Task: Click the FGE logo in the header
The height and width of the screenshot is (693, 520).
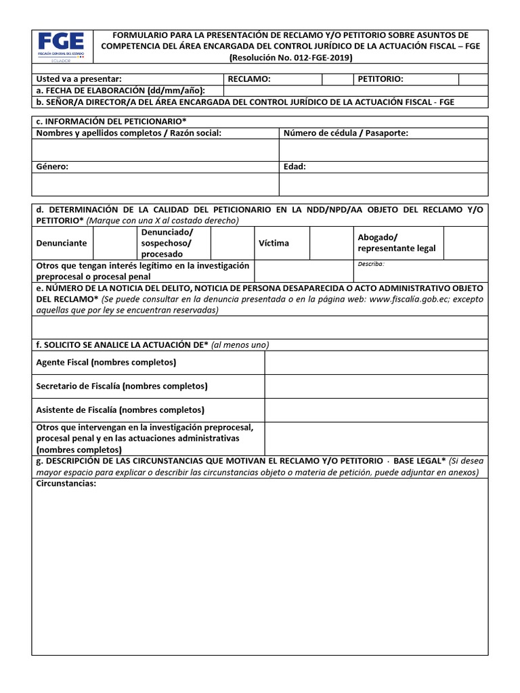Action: [x=62, y=46]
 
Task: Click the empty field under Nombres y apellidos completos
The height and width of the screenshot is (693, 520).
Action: [x=155, y=150]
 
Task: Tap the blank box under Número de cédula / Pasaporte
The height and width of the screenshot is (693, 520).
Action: [x=383, y=150]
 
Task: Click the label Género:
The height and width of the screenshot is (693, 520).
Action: [x=52, y=166]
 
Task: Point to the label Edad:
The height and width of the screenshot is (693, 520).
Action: [x=295, y=166]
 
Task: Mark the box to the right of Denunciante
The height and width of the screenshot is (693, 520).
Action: [x=114, y=243]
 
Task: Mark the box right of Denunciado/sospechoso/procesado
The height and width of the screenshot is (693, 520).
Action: [x=232, y=243]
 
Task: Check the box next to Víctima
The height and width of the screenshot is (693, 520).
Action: [x=329, y=243]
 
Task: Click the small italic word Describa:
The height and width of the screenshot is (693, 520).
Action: [x=371, y=264]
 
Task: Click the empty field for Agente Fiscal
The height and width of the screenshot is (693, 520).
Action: [x=376, y=363]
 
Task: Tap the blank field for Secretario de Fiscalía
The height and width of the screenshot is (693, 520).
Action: [x=376, y=386]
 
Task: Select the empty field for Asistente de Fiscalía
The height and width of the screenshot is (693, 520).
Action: [x=376, y=410]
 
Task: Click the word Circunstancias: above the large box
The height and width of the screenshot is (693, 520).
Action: [x=66, y=485]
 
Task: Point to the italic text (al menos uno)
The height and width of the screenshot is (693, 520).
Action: [x=240, y=344]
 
